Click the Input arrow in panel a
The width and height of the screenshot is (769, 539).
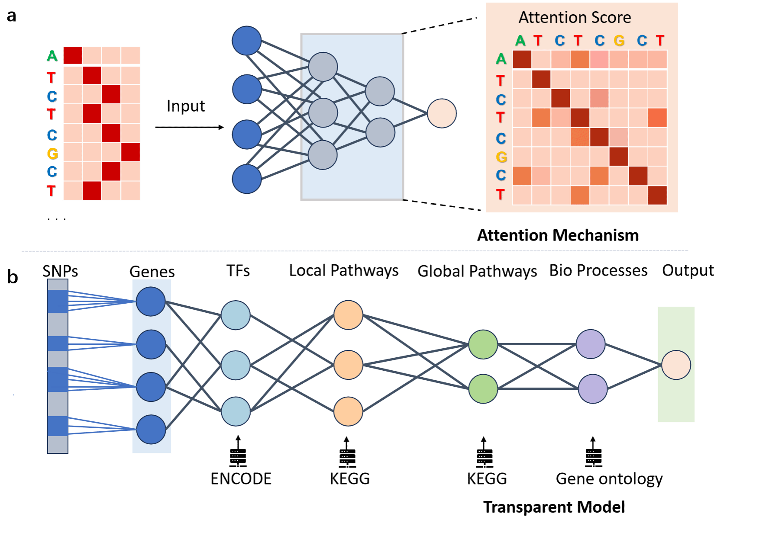pos(190,127)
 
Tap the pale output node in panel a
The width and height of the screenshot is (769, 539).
pos(442,113)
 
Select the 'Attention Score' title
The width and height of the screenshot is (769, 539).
pos(575,17)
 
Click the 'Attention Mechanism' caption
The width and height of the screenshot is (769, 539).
pos(558,235)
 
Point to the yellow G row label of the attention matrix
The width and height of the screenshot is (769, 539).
pos(501,157)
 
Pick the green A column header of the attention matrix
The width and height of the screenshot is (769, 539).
pos(520,41)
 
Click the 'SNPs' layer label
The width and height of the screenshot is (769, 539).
pos(60,271)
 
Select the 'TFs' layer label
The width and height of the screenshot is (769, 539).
pos(238,271)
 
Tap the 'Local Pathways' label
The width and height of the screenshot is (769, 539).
pos(344,271)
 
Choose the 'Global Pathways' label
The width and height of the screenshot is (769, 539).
pos(477,271)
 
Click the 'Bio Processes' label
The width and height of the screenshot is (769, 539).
pos(598,270)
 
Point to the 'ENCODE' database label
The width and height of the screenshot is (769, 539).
pos(241,479)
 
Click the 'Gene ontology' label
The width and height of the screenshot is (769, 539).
pos(609,479)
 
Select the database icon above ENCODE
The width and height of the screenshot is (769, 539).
pos(238,452)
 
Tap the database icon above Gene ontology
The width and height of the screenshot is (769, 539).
pos(593,452)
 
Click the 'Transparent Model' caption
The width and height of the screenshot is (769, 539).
pos(554,507)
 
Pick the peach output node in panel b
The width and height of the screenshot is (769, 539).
pos(676,365)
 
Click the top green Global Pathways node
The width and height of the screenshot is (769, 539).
pos(483,344)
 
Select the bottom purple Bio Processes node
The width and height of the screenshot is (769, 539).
pos(593,389)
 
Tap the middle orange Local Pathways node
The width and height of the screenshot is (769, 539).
pos(348,365)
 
